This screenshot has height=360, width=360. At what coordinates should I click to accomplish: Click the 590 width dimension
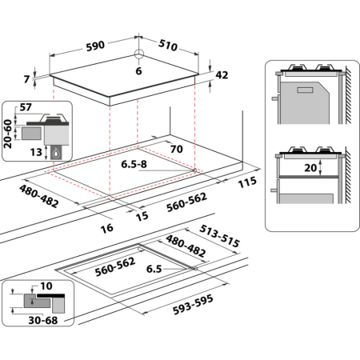pos(95,46)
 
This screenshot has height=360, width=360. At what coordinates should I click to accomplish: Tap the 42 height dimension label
pos(222,75)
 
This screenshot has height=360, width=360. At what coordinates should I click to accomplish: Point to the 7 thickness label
pos(26,78)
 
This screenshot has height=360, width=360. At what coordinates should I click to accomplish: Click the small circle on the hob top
pos(138,55)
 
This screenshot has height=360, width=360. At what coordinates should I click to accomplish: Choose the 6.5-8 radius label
pos(135,166)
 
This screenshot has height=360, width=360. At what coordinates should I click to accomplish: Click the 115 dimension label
pos(247,182)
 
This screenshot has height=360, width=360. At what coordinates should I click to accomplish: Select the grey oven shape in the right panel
pos(307,99)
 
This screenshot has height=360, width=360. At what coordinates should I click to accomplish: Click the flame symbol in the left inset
pos(54,150)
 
